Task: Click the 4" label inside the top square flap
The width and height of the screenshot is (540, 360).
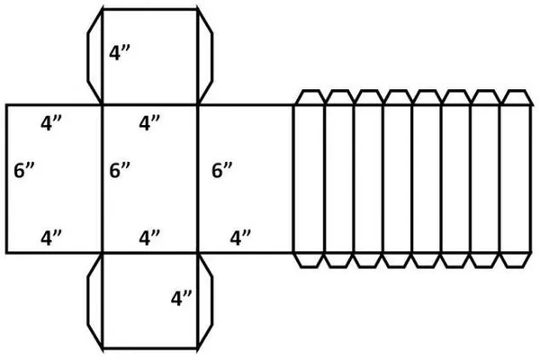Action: (121, 52)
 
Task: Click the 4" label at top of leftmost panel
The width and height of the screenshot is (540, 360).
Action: (52, 122)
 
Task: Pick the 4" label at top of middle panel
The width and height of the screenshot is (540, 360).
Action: (149, 122)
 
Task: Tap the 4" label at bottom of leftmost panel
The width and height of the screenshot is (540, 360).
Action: (52, 238)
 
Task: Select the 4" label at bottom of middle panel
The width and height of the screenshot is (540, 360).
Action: (149, 238)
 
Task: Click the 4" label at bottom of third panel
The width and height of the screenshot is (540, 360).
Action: (239, 238)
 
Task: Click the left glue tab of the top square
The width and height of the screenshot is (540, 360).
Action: (94, 56)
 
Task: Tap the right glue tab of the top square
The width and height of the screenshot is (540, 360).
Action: (206, 56)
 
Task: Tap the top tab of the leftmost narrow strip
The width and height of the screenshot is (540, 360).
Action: (309, 97)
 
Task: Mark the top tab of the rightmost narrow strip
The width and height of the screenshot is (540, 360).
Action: (516, 97)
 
